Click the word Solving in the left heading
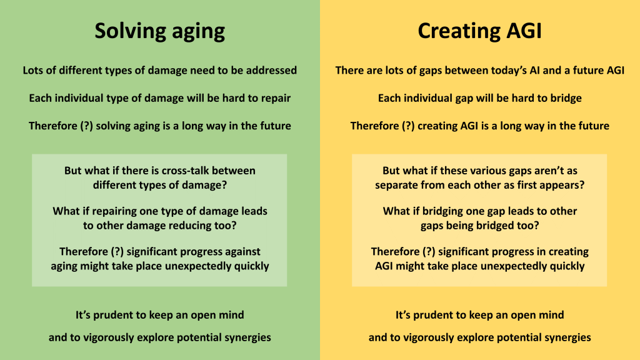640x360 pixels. pos(130,31)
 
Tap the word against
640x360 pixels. pos(241,252)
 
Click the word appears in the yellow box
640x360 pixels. pos(564,185)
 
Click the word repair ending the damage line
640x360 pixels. pos(276,98)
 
